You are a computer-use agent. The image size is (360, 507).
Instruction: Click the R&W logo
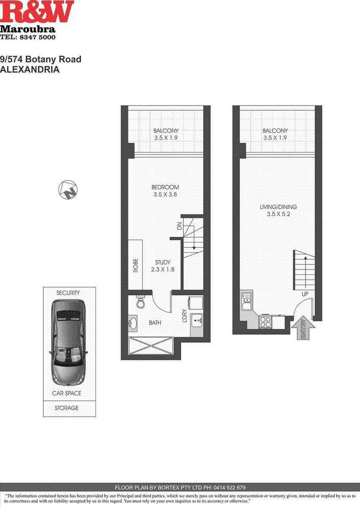(37, 12)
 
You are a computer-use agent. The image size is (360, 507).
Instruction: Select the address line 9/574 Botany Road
(41, 59)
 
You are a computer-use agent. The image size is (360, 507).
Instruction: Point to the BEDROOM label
(166, 187)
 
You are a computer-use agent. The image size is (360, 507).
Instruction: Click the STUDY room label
(163, 262)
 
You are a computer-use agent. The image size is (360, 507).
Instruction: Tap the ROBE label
(136, 265)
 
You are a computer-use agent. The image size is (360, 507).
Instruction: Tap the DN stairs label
(179, 227)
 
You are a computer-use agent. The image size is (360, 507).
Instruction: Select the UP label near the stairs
(304, 294)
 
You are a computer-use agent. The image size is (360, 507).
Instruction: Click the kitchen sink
(246, 302)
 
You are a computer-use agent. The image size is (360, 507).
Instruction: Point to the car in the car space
(69, 342)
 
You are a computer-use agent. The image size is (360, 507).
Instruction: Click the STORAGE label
(67, 408)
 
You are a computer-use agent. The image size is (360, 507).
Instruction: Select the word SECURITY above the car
(68, 293)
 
